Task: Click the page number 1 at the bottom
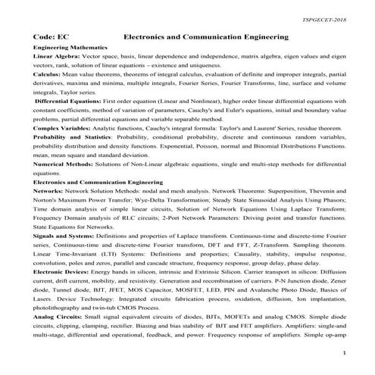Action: point(343,353)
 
